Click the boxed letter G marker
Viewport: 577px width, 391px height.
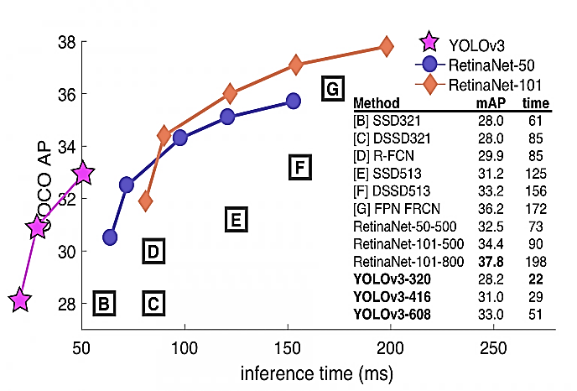point(332,88)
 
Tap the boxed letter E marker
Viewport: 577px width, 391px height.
point(236,220)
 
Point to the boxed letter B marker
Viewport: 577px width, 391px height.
point(103,304)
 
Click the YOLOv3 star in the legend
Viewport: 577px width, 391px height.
point(429,42)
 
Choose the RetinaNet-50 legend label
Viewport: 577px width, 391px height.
point(490,64)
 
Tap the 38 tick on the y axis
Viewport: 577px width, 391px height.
point(67,42)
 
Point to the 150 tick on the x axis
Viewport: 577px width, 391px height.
point(288,347)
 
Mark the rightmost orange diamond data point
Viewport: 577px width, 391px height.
point(387,46)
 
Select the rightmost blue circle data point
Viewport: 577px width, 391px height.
point(293,101)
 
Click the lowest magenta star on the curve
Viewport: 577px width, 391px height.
point(20,300)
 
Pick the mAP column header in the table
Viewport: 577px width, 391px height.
point(491,104)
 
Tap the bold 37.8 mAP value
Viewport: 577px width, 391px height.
point(491,262)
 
